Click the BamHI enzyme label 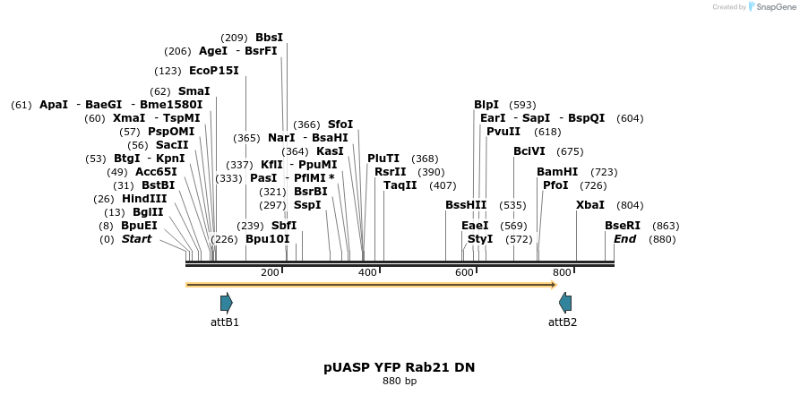(x=557, y=171)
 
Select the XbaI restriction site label (x=589, y=205)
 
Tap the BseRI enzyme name (x=623, y=226)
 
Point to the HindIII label (x=144, y=199)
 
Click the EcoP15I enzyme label (x=214, y=71)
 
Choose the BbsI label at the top (x=269, y=38)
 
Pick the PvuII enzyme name (x=503, y=132)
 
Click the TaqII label (x=400, y=185)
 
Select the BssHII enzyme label (x=466, y=205)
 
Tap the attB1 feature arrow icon (x=226, y=303)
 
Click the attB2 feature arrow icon (x=564, y=303)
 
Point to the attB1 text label (x=225, y=322)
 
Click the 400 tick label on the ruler (x=367, y=272)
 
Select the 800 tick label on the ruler (x=562, y=272)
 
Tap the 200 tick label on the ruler (x=270, y=272)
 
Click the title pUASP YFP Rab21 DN (x=400, y=367)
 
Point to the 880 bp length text (x=400, y=382)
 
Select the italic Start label (x=136, y=239)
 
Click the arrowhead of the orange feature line (x=554, y=285)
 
